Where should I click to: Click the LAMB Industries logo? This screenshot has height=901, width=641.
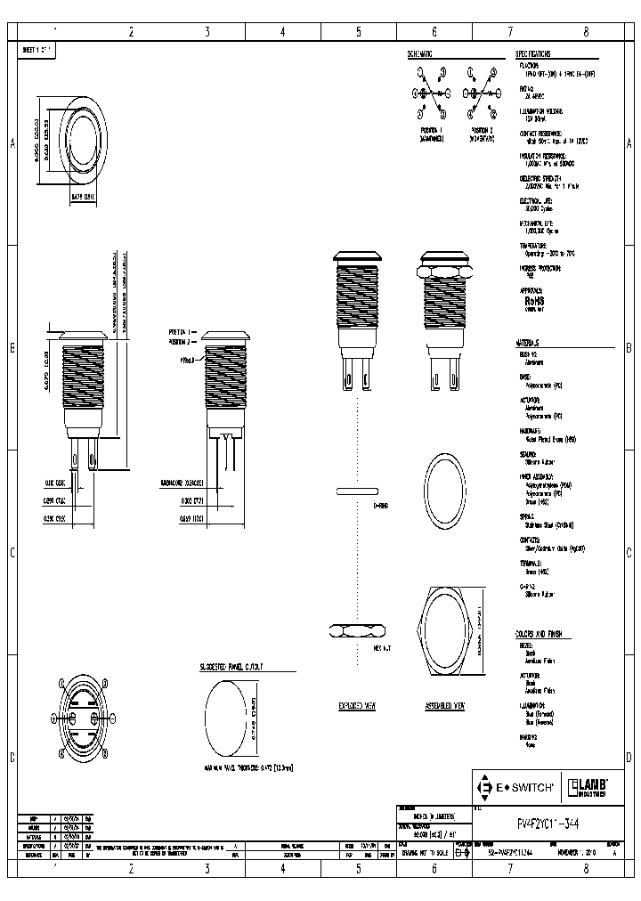pos(587,786)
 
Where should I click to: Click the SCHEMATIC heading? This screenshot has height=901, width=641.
pos(420,54)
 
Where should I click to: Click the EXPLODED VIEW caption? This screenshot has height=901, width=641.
pos(357,704)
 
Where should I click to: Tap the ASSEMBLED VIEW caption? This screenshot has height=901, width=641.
pos(446,704)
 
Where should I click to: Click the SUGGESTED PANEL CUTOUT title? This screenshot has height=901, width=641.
pos(236,665)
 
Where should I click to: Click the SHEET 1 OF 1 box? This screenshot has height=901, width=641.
pos(37,52)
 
